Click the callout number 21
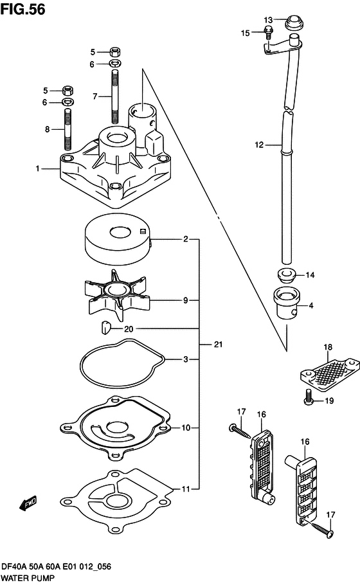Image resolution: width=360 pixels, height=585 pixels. [x=218, y=345]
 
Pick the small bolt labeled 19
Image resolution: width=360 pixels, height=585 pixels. [x=308, y=397]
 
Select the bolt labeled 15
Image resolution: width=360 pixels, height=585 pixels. [x=268, y=33]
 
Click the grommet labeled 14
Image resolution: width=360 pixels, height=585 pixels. [x=287, y=275]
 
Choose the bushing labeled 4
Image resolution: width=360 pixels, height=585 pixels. [x=287, y=303]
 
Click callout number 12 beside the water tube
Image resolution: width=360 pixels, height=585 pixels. [x=259, y=145]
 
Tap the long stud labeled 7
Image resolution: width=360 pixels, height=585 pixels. [x=115, y=97]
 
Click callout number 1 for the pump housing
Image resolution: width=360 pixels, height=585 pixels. [x=37, y=168]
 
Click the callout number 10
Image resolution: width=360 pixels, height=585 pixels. [x=186, y=428]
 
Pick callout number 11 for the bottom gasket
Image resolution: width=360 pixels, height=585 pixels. [x=186, y=489]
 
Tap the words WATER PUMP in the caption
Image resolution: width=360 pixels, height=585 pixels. [x=28, y=578]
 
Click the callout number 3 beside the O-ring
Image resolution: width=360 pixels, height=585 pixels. [x=186, y=359]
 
